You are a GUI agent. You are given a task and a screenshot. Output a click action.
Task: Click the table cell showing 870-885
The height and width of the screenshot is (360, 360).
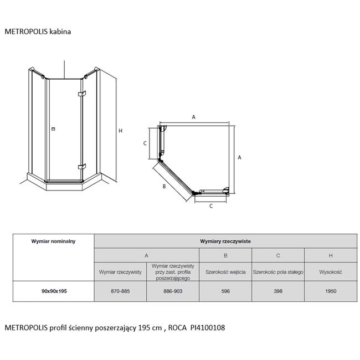tap(120, 291)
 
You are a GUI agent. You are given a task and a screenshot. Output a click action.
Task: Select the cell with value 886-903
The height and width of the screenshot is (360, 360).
tap(173, 291)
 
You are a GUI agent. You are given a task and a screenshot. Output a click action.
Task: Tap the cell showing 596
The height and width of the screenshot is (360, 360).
tap(225, 291)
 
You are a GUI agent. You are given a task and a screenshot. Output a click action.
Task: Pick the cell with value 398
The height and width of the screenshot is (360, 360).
tap(278, 291)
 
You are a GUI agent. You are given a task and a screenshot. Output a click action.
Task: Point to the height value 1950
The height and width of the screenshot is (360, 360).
tap(331, 291)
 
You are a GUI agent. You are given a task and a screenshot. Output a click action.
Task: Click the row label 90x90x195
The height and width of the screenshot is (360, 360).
tap(54, 291)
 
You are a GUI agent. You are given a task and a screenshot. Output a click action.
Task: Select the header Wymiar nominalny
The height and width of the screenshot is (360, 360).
tap(53, 241)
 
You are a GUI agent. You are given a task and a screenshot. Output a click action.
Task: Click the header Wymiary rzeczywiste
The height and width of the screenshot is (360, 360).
tap(225, 241)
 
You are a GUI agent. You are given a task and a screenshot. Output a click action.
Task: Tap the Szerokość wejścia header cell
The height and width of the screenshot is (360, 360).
tap(225, 272)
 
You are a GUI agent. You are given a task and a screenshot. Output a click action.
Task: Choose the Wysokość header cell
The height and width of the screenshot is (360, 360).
tap(331, 272)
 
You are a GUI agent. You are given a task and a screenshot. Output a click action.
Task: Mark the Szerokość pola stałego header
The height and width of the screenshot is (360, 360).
tap(278, 272)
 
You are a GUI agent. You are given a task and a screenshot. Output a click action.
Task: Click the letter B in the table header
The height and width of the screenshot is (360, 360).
tap(225, 255)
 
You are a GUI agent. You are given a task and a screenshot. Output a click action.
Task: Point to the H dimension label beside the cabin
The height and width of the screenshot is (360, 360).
tap(121, 131)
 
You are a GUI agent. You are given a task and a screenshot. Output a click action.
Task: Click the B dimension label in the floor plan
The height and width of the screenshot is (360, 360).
tap(164, 187)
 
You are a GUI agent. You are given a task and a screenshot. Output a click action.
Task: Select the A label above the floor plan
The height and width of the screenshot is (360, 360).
tap(193, 117)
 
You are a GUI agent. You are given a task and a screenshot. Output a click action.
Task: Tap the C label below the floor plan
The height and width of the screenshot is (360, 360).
tap(211, 206)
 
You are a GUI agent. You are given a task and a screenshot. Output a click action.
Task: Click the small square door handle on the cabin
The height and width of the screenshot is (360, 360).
tap(53, 129)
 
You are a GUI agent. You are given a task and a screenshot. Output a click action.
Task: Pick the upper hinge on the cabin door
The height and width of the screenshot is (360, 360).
tap(82, 94)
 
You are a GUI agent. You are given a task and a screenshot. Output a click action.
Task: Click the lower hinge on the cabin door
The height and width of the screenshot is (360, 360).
tap(82, 166)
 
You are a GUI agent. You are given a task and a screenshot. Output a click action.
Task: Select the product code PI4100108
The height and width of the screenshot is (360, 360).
tap(208, 328)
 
